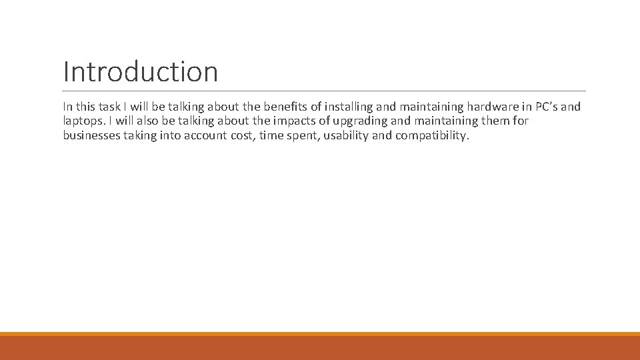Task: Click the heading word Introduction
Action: pos(140,71)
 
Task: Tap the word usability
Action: pos(345,136)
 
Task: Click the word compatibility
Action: pos(432,136)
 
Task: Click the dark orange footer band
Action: pos(320,348)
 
